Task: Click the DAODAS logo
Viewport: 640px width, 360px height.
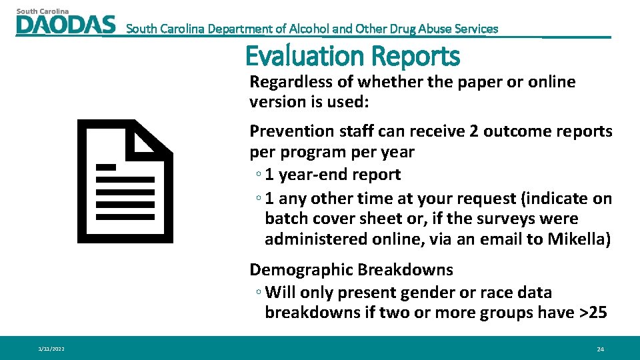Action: [65, 24]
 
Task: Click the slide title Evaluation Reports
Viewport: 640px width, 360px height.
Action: [353, 56]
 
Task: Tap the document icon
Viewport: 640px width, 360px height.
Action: [125, 181]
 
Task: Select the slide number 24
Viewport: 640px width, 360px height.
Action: [600, 349]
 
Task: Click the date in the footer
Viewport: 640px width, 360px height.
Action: [51, 349]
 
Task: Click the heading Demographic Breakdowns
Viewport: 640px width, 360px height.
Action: [351, 270]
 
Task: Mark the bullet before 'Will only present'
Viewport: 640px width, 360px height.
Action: [258, 293]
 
